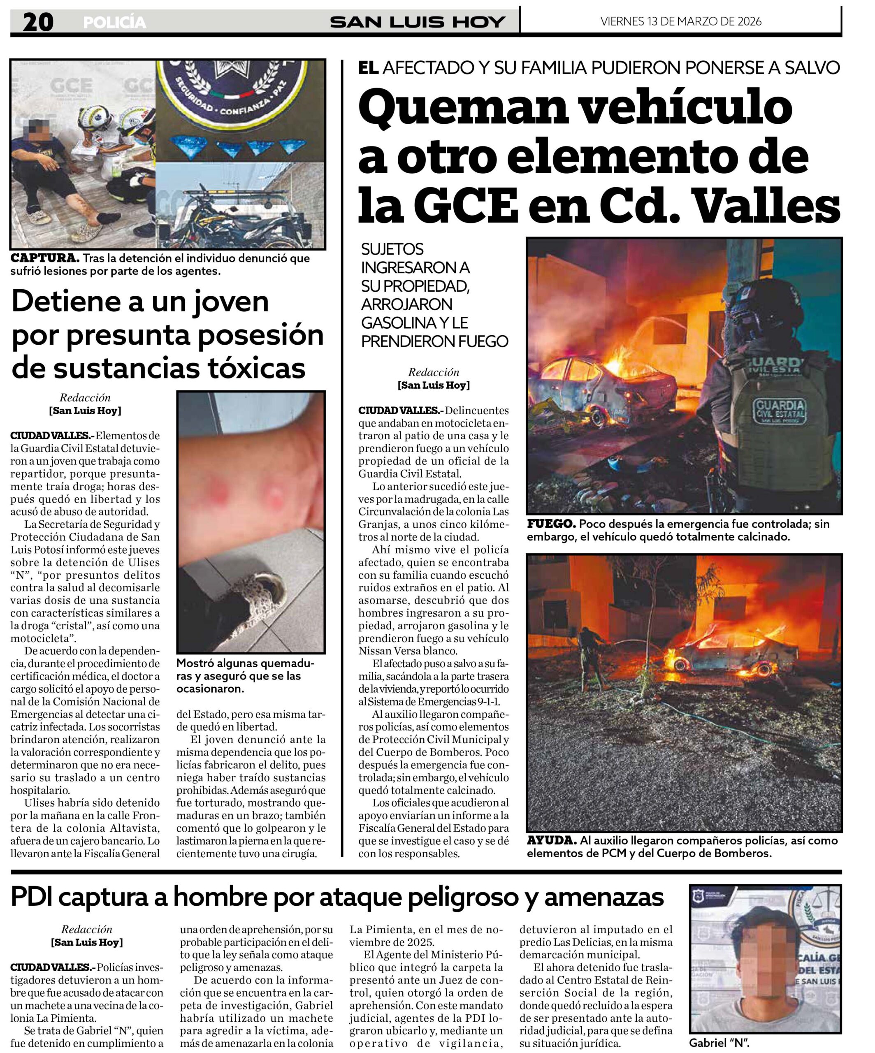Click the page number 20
38,22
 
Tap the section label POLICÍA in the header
114,23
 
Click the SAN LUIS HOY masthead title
417,22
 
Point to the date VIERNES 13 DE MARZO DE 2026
680,21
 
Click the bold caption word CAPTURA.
44,258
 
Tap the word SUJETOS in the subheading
392,249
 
